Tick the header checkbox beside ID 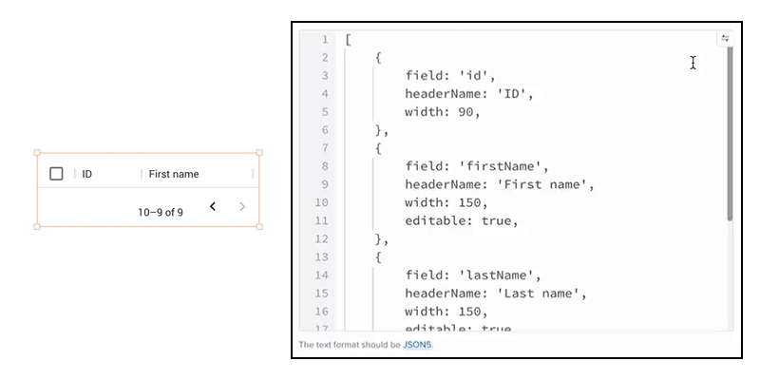(56, 174)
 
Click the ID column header (87, 174)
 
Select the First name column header (174, 174)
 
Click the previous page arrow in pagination (213, 207)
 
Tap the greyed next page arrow (243, 207)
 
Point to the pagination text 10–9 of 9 (161, 213)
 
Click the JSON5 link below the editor (417, 345)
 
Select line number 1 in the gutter (324, 39)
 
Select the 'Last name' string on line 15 (541, 294)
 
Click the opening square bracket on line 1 (349, 39)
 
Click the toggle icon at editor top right (725, 39)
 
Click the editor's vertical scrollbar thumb (730, 133)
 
